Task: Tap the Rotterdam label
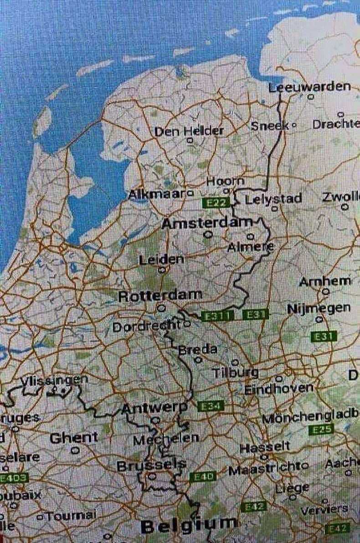click(159, 296)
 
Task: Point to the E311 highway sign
click(218, 315)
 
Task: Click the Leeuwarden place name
click(310, 87)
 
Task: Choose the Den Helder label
click(189, 131)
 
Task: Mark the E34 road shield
click(209, 405)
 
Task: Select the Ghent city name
click(74, 438)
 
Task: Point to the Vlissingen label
click(54, 379)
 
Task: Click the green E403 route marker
click(14, 478)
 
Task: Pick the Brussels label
click(151, 466)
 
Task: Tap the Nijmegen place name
click(319, 308)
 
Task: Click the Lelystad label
click(273, 199)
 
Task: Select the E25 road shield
click(321, 430)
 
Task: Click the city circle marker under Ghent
click(75, 450)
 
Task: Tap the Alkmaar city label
click(156, 195)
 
